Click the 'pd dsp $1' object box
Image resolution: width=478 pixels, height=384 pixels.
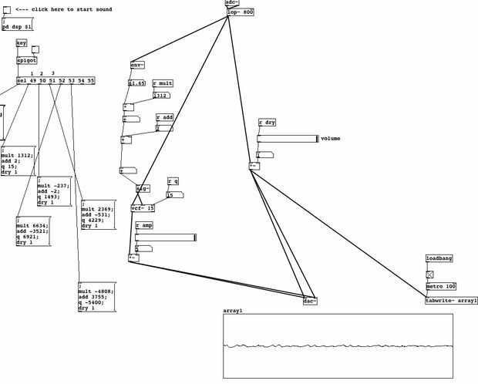[x=17, y=26]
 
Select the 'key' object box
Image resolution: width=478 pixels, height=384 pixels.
[x=22, y=43]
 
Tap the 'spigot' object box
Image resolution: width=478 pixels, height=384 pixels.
[x=27, y=59]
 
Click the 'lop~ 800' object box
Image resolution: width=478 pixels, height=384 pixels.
[x=241, y=12]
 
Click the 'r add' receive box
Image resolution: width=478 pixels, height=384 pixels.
[x=164, y=117]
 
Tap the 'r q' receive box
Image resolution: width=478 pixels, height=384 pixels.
[x=173, y=181]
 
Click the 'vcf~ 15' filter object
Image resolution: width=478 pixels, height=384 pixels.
[x=143, y=208]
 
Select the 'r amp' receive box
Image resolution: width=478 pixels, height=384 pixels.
[x=144, y=224]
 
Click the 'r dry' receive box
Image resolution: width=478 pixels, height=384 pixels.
[x=268, y=122]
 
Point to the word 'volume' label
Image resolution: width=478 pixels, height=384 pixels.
[x=330, y=139]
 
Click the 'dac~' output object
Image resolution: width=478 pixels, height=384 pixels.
[x=310, y=301]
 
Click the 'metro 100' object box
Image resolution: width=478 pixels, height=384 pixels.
[x=441, y=286]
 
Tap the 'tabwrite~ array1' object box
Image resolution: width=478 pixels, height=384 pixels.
[x=451, y=300]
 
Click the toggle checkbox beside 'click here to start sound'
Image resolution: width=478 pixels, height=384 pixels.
[x=7, y=9]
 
